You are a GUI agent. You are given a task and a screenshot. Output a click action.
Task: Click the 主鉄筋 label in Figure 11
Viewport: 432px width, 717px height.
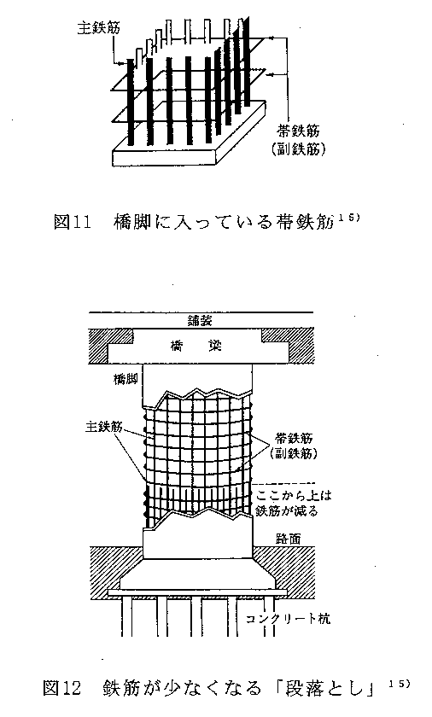tap(98, 28)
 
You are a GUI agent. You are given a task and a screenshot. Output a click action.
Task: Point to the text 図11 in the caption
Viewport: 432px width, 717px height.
tap(73, 223)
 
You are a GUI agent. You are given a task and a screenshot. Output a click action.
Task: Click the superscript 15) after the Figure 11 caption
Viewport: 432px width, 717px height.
tap(349, 217)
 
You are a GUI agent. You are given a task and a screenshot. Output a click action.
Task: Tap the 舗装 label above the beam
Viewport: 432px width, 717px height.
tap(200, 321)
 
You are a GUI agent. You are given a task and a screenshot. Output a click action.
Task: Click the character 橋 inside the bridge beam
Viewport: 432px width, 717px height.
tap(177, 347)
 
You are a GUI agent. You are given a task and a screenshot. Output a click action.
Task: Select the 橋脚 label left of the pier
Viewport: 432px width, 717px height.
tap(126, 379)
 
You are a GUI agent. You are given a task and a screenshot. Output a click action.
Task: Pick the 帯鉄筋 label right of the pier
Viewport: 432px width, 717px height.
tap(294, 438)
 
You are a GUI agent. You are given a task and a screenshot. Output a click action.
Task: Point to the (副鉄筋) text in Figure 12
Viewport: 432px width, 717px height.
tap(294, 453)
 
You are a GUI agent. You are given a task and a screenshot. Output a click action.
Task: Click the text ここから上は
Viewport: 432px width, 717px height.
tap(294, 495)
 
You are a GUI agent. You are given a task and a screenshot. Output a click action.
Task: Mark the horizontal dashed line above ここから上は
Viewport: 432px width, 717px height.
tap(284, 483)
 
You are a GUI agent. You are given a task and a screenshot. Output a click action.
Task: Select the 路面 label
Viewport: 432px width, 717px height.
tap(289, 539)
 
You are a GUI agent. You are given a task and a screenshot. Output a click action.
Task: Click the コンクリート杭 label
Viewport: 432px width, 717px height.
tap(288, 619)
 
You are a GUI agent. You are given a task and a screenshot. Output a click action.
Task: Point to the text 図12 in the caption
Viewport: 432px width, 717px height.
tap(62, 688)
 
